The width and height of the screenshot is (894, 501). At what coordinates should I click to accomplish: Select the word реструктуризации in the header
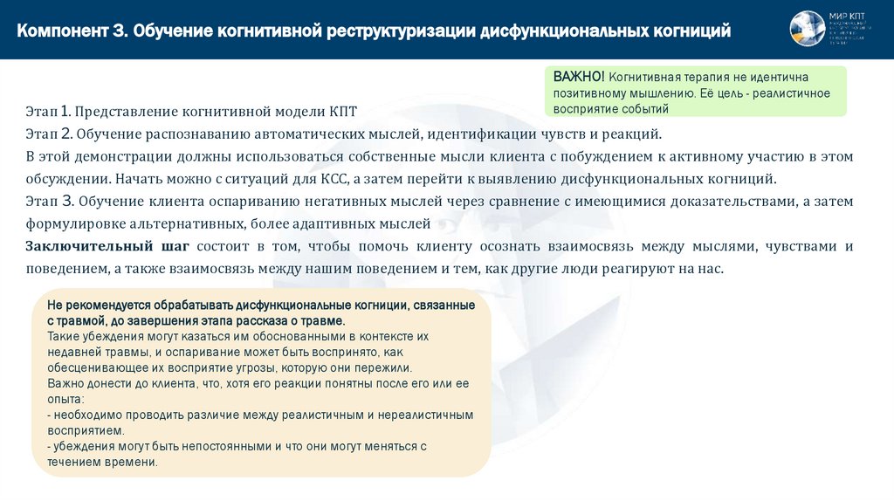pyautogui.click(x=401, y=31)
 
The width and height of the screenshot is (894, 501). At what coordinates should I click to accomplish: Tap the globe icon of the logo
pyautogui.click(x=808, y=29)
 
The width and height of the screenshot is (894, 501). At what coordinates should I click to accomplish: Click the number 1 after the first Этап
pyautogui.click(x=66, y=112)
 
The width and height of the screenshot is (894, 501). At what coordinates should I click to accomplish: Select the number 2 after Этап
pyautogui.click(x=66, y=134)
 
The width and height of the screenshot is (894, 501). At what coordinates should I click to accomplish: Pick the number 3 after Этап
pyautogui.click(x=66, y=201)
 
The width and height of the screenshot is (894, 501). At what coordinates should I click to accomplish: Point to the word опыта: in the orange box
pyautogui.click(x=65, y=398)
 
